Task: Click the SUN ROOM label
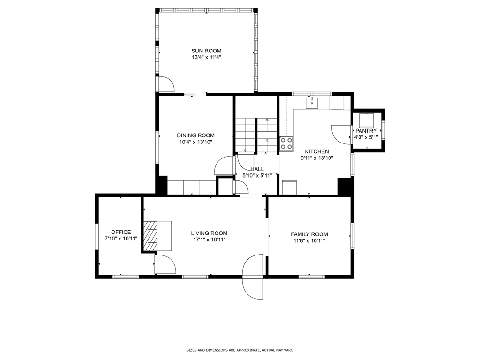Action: [206, 51]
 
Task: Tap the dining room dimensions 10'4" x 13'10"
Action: [196, 142]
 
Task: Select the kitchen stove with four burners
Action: [286, 143]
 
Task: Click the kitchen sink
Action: [312, 103]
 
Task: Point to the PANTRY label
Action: [366, 131]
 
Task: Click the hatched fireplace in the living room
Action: [150, 236]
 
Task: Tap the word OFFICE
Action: [121, 232]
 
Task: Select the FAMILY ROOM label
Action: [309, 234]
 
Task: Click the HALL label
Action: [257, 169]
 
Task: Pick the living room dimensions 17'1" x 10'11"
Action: [210, 240]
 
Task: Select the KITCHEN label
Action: [317, 151]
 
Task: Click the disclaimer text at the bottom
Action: [240, 350]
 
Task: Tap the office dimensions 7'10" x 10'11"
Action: [121, 239]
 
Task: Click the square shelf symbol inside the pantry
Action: [366, 121]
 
